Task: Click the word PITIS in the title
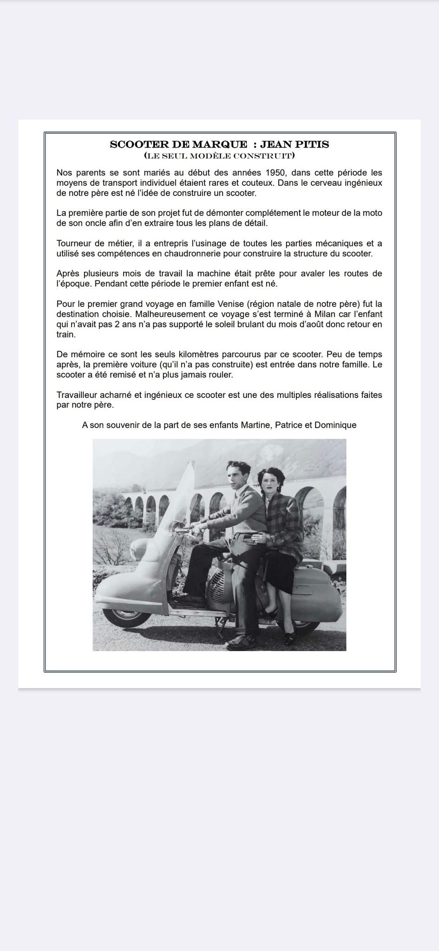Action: coord(312,144)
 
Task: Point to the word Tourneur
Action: coord(72,243)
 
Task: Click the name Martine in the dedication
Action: coord(256,425)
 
